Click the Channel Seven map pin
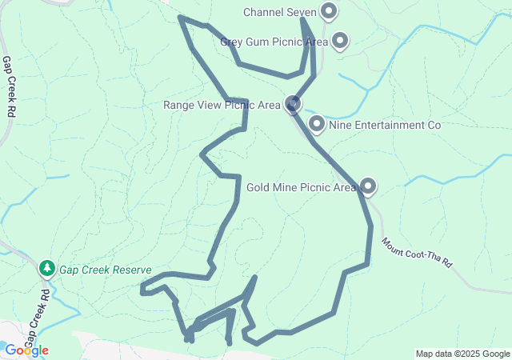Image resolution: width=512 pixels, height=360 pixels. tap(329, 11)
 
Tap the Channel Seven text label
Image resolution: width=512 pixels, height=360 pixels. tap(279, 13)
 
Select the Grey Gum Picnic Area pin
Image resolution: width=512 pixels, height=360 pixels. tap(339, 40)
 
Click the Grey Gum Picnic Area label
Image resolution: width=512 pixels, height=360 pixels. tap(274, 42)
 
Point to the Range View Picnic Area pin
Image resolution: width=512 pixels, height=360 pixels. tap(294, 104)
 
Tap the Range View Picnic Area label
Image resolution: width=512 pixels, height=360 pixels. tap(222, 105)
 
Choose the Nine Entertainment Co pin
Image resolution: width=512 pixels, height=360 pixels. tap(317, 124)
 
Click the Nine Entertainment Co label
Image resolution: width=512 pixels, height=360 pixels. tap(386, 126)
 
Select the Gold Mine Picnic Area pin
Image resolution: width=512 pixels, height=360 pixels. tap(368, 186)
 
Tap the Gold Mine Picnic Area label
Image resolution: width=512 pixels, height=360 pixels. tap(301, 188)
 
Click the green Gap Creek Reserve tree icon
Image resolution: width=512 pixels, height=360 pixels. tap(47, 267)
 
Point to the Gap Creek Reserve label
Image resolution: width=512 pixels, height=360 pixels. tap(105, 270)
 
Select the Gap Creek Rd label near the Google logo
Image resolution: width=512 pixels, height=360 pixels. tap(37, 316)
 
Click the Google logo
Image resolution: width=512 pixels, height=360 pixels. tap(26, 350)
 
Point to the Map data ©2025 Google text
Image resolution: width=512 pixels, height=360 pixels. tap(462, 354)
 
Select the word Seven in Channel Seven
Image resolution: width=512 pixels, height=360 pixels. tap(300, 13)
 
